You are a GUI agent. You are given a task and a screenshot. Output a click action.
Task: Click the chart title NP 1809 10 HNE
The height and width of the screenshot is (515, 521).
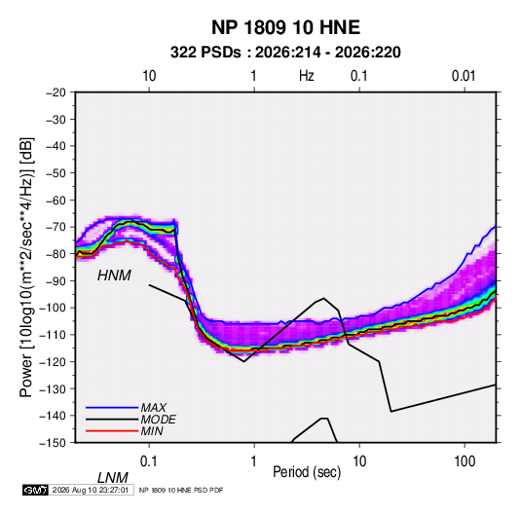(285, 27)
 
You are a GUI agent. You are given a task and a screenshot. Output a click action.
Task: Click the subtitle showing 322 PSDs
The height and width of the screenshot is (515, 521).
(285, 53)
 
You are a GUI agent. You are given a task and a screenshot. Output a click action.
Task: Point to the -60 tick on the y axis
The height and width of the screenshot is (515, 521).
(56, 200)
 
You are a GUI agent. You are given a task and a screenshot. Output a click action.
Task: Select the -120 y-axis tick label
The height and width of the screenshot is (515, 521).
(53, 361)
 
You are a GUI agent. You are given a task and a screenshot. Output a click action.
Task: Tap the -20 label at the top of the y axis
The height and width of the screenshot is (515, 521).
(56, 92)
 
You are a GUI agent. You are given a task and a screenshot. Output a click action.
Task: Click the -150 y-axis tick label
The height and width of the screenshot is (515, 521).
(53, 443)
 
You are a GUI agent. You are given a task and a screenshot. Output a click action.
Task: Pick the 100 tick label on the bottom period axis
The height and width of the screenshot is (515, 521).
(465, 461)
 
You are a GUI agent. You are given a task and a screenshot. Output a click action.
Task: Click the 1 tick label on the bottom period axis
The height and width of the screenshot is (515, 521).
(254, 461)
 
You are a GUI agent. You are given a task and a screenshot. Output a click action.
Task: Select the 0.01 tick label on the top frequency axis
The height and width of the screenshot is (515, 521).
(464, 76)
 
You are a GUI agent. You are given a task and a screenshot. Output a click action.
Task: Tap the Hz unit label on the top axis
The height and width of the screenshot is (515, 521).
(307, 76)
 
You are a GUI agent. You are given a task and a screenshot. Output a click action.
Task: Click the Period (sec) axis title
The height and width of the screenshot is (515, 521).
(307, 472)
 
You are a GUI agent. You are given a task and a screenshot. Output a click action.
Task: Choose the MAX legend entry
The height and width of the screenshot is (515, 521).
(153, 407)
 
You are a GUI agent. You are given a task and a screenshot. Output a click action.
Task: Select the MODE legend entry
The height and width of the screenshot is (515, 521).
(158, 420)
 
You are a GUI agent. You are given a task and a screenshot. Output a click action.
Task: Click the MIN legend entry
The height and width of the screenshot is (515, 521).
(152, 431)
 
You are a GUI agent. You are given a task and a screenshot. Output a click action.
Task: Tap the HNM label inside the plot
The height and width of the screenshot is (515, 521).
(114, 276)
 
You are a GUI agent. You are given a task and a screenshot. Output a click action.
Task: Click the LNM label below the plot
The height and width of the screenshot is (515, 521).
(113, 478)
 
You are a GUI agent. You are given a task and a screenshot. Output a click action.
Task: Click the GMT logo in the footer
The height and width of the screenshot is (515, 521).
(35, 490)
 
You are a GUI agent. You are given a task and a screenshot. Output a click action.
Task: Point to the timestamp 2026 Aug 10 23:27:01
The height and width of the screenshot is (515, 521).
(91, 490)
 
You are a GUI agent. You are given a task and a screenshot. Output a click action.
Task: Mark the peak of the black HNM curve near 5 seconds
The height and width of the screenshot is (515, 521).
(323, 298)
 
